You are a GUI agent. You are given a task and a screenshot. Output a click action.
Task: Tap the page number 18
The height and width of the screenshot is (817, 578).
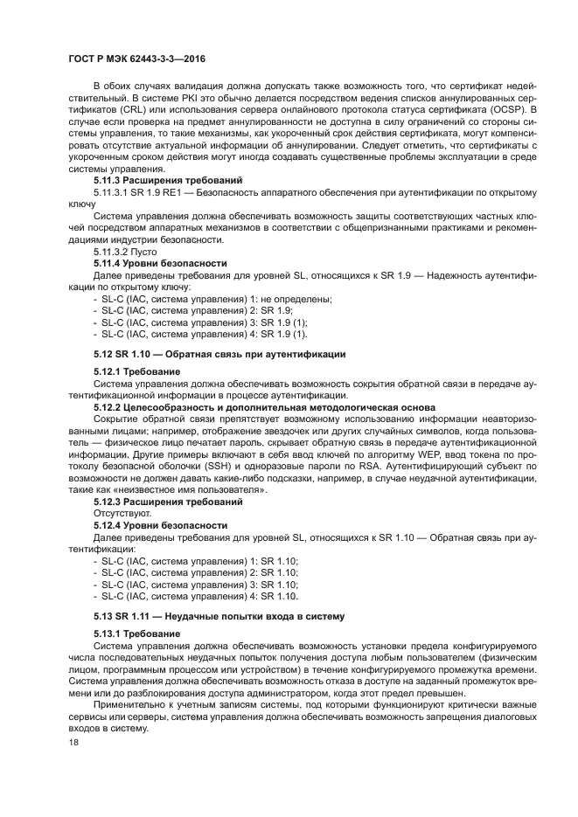pyautogui.click(x=73, y=741)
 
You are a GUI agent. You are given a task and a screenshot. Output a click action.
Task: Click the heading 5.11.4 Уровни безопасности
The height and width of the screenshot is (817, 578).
pyautogui.click(x=160, y=263)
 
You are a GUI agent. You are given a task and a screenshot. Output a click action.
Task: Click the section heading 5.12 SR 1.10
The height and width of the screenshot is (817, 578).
pyautogui.click(x=219, y=354)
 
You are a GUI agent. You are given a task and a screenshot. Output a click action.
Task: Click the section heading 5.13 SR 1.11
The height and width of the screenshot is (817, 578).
pyautogui.click(x=219, y=616)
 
